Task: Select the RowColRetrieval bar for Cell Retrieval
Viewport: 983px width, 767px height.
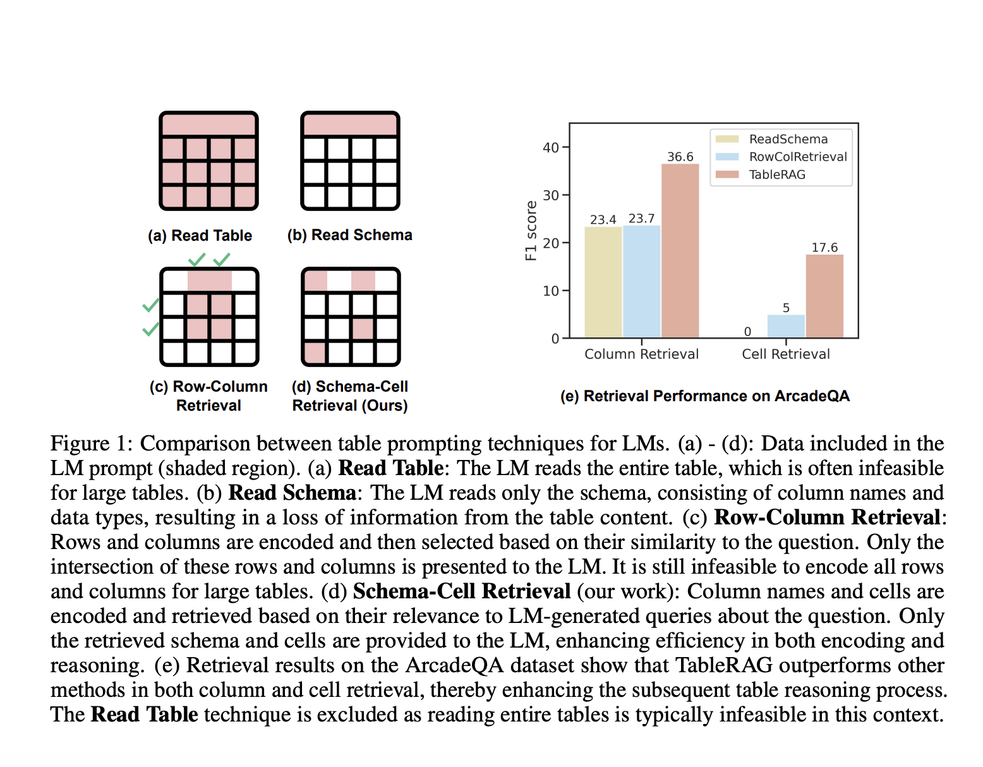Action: click(x=786, y=326)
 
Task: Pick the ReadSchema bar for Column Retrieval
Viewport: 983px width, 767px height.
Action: click(x=603, y=282)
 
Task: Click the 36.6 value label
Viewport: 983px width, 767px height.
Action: click(x=680, y=157)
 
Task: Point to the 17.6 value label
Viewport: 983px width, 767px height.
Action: click(x=824, y=248)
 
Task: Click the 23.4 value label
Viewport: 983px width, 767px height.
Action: click(x=603, y=220)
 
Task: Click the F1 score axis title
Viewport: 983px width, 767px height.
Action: click(x=531, y=231)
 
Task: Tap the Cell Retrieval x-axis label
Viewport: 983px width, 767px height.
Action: click(x=786, y=354)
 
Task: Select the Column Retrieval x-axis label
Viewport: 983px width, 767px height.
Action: click(x=641, y=354)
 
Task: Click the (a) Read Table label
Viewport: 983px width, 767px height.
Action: click(x=200, y=236)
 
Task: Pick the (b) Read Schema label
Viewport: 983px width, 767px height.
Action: click(x=349, y=235)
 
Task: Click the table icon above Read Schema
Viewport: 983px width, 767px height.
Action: click(x=350, y=160)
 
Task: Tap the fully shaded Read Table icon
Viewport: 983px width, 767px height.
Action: click(x=208, y=160)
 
